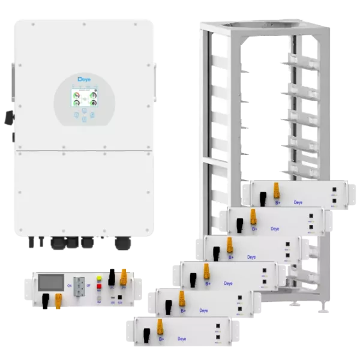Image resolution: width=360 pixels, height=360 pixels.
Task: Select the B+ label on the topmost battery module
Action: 278,203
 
